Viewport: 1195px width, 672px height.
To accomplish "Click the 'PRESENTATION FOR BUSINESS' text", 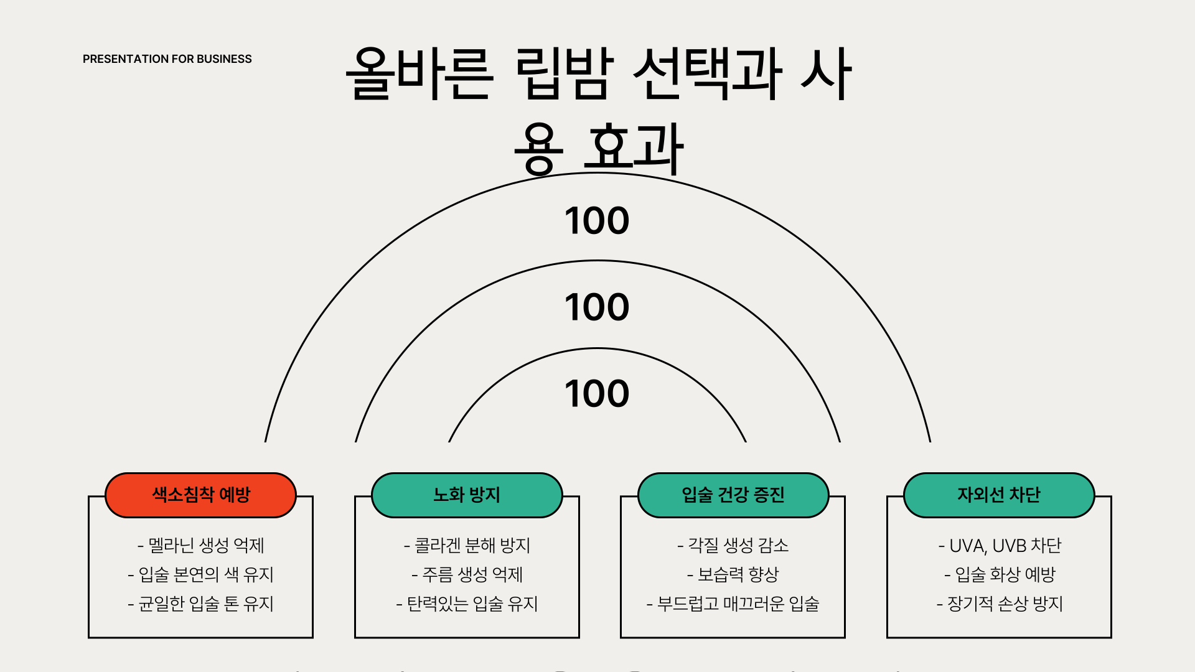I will click(x=167, y=59).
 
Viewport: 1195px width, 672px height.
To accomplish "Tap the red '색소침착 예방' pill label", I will click(x=200, y=495).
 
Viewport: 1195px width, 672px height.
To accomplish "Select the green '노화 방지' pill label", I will click(x=467, y=495).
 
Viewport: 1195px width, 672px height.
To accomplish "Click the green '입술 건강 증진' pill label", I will click(x=733, y=495).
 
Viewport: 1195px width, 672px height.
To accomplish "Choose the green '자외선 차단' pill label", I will click(x=999, y=495).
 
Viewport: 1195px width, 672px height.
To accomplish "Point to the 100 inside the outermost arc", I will click(x=597, y=221).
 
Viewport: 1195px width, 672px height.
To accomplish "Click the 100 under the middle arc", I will click(x=597, y=307).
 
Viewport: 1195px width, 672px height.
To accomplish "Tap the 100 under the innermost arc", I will click(x=597, y=394).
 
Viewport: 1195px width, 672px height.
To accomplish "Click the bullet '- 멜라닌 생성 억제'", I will click(x=201, y=546).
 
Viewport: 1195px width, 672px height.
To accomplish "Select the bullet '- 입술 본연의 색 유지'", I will click(x=201, y=574).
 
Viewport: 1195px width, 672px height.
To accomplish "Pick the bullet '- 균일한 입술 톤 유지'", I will click(x=201, y=604).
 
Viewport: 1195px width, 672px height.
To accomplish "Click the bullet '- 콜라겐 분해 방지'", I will click(x=467, y=546).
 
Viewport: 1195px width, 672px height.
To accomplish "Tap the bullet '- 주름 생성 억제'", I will click(x=467, y=574).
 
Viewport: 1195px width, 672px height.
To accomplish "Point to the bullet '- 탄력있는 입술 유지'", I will click(x=467, y=604).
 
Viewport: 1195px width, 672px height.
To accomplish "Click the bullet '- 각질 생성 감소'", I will click(x=733, y=546).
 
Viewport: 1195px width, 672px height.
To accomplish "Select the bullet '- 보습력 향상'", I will click(x=733, y=574).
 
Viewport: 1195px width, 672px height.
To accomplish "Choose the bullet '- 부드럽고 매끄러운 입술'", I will click(x=733, y=604).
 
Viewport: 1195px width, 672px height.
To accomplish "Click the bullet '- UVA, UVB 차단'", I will click(x=1000, y=546).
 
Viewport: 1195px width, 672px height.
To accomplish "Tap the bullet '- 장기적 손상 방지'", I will click(x=1000, y=604).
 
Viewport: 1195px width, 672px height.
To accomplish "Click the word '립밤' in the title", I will click(x=564, y=73).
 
